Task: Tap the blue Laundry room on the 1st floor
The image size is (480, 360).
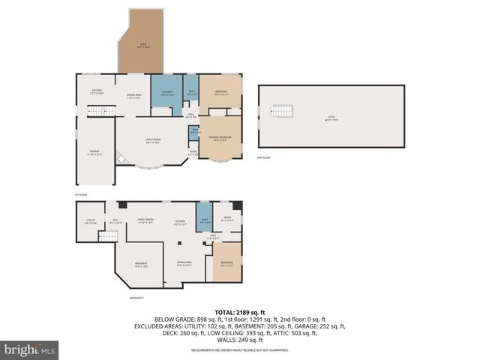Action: point(166,93)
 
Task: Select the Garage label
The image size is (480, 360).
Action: point(95,153)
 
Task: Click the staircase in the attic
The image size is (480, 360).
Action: point(278,111)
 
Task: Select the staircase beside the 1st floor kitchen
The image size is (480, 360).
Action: point(95,112)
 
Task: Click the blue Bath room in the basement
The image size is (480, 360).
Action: point(204,220)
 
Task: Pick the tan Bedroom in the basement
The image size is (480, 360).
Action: point(227,262)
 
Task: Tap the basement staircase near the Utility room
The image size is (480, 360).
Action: point(109,238)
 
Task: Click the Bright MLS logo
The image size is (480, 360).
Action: point(30,349)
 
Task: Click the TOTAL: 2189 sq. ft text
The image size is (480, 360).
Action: point(239,311)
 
